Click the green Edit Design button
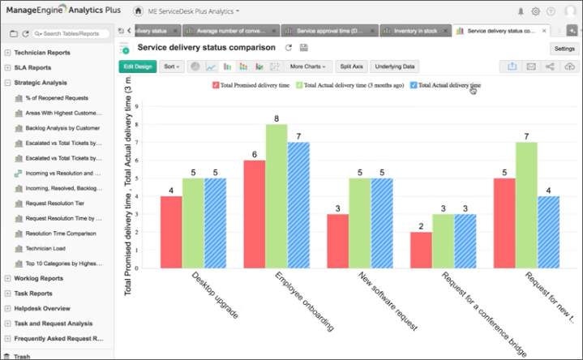(x=137, y=66)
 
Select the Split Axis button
(x=352, y=66)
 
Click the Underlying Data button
(x=395, y=66)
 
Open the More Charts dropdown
(x=308, y=66)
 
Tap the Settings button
(x=564, y=49)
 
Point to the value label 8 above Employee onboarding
(x=276, y=119)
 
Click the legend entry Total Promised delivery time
(x=252, y=84)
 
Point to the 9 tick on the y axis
(x=136, y=106)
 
